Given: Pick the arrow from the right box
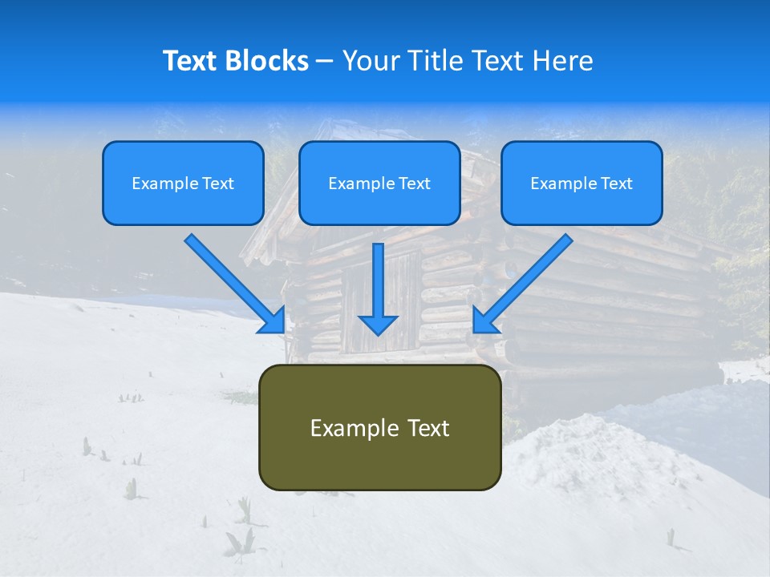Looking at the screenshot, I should point(529,277).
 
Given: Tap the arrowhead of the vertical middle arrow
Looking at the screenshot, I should point(378,324).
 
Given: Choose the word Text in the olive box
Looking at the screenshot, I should point(428,428).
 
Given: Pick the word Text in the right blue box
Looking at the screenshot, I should point(617,184).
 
